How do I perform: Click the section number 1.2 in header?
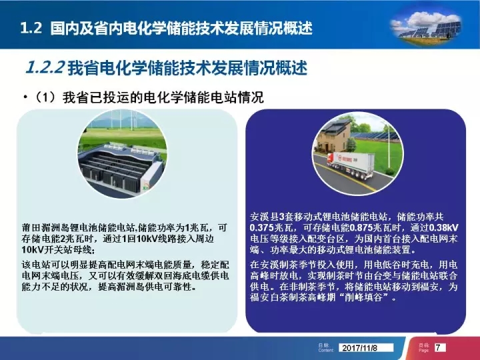(31, 28)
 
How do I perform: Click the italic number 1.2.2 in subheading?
(45, 67)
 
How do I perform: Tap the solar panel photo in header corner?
(426, 27)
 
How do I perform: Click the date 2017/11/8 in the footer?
(360, 348)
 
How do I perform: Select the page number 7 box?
(439, 347)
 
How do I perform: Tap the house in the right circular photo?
(334, 135)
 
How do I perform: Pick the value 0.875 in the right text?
(361, 228)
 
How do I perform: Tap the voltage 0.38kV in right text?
(443, 228)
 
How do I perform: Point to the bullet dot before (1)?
(25, 97)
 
